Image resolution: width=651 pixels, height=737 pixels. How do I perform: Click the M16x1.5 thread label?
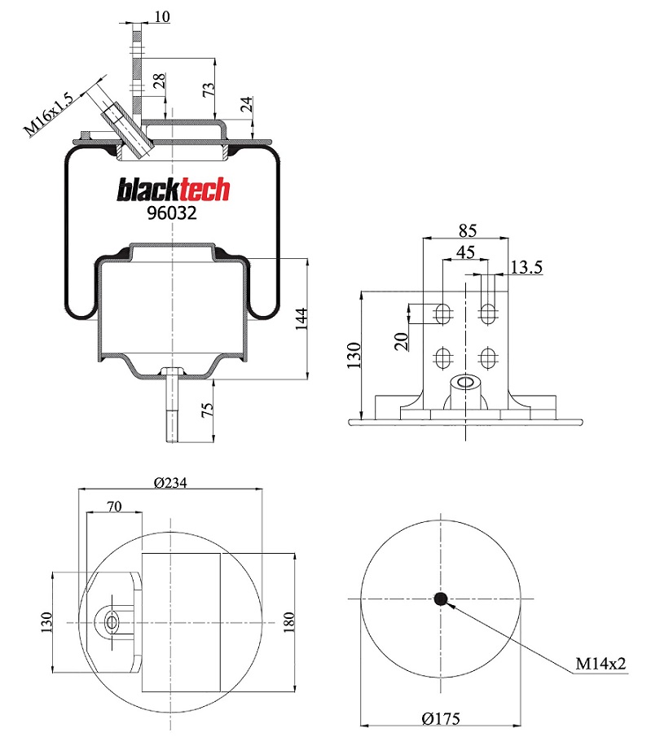pos(49,114)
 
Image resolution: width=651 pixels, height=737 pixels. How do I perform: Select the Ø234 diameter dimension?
pos(170,482)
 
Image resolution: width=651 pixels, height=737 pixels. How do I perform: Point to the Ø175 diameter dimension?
pos(441,718)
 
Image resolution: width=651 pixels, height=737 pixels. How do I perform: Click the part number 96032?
pos(172,213)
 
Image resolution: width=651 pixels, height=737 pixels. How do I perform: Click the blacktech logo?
pos(173,190)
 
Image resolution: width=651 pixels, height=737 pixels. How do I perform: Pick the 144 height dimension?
pos(301,318)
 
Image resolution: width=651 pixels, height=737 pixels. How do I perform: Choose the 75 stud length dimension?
pos(207,410)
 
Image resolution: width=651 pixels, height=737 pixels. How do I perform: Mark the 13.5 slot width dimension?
pos(526,267)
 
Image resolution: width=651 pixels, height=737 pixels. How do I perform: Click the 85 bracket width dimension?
pos(468,230)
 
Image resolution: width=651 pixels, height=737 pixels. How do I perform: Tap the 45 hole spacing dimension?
pos(466,252)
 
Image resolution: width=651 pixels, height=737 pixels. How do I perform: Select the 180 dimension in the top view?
pos(288,621)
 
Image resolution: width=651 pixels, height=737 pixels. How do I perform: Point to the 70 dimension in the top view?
pos(114,507)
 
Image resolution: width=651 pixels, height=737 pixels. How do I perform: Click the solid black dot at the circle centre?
pos(441,599)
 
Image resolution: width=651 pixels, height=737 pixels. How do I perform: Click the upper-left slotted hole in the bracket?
pos(442,314)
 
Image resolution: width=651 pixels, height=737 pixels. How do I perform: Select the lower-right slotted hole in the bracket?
pos(488,358)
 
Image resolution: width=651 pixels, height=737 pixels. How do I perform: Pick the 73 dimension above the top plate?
pos(208,90)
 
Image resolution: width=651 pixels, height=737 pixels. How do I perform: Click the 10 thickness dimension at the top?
pos(162,16)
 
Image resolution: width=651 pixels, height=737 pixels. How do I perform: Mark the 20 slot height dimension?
pos(401,341)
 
